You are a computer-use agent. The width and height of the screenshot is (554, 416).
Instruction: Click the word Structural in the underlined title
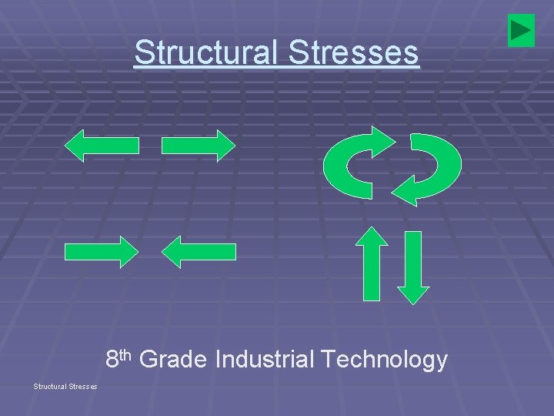click(197, 52)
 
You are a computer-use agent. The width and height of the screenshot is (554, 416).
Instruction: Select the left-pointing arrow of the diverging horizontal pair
click(102, 146)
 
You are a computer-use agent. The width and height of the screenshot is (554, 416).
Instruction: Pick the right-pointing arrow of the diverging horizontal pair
click(199, 146)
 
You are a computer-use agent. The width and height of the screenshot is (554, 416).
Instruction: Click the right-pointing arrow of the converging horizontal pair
click(102, 252)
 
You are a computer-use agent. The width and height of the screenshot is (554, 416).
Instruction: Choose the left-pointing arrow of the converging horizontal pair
click(199, 252)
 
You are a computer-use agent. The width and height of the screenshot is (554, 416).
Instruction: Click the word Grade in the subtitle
click(174, 360)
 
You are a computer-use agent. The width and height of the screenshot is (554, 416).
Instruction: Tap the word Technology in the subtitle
click(384, 360)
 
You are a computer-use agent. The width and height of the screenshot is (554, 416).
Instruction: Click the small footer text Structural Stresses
click(65, 386)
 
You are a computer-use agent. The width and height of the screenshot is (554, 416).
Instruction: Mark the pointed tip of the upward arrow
click(374, 230)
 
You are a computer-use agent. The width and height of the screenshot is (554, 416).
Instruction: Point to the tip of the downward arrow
click(414, 303)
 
